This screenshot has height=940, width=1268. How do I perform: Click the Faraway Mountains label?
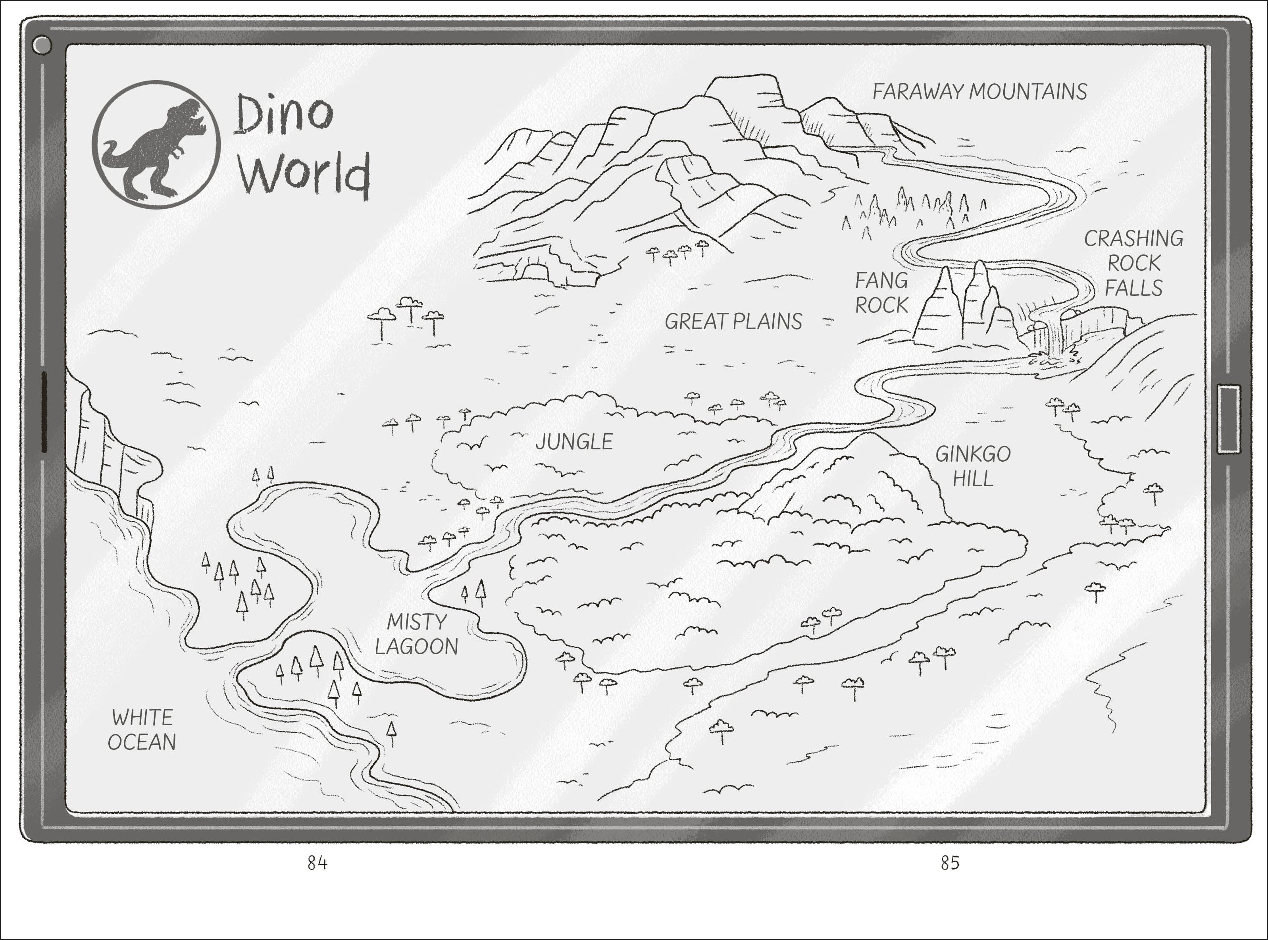coord(979,92)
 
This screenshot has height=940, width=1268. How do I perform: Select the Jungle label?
coord(574,441)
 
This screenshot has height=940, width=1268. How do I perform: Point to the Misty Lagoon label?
coord(416,634)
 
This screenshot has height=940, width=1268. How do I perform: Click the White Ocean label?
coord(142,730)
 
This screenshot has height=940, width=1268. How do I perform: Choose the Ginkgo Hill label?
coord(973,466)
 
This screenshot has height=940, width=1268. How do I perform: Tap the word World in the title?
coord(305,173)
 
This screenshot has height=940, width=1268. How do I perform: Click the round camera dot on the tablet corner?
coord(42,46)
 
